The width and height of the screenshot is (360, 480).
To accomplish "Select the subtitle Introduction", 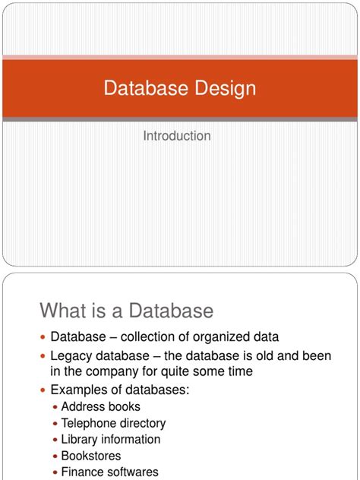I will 177,136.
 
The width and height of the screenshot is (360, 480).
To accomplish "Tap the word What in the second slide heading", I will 65,311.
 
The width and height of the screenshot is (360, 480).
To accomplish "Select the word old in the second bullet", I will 257,355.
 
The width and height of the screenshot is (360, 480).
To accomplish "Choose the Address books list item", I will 100,407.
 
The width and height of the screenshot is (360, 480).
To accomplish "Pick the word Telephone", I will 91,423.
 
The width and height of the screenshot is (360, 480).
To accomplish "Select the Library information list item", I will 110,440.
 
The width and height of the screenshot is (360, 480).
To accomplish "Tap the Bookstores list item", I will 90,456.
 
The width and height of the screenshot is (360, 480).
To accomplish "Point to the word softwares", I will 133,472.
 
